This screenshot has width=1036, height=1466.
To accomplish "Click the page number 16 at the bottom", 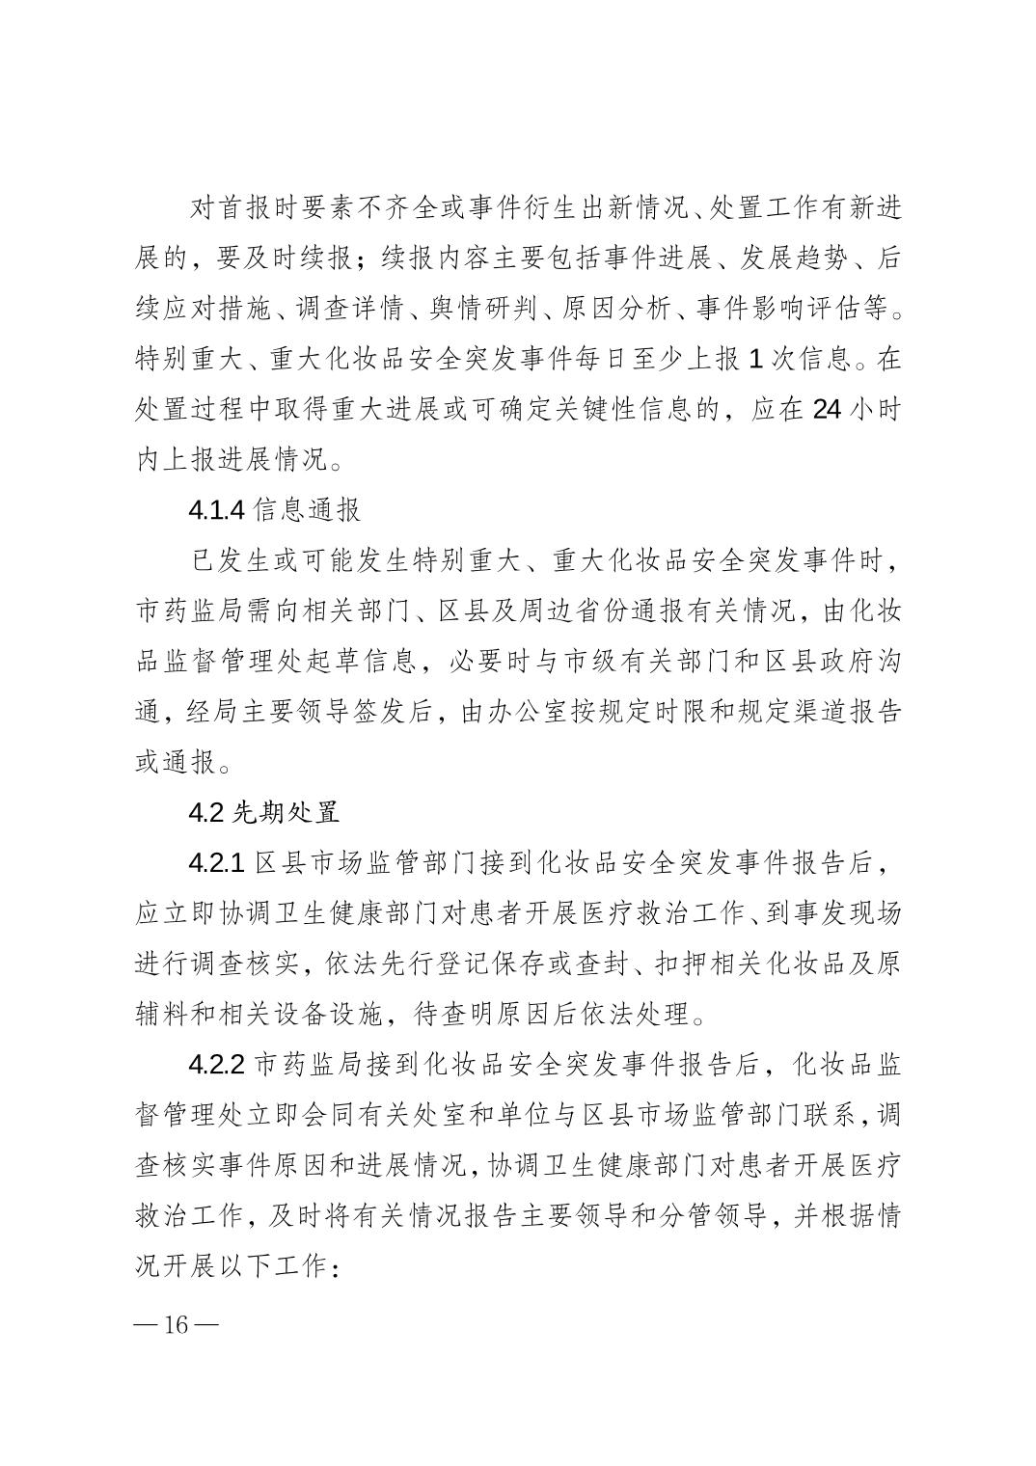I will [x=177, y=1324].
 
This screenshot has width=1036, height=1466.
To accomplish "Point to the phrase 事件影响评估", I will [x=765, y=310].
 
